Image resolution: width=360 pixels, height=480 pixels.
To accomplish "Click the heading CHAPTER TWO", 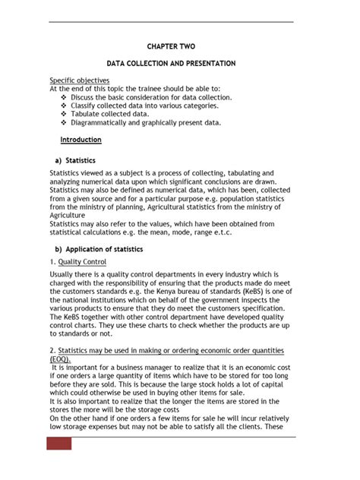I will click(x=171, y=46).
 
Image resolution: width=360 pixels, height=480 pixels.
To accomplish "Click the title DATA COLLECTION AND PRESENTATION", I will click(x=171, y=63).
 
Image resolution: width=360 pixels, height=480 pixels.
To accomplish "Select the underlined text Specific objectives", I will click(x=80, y=80).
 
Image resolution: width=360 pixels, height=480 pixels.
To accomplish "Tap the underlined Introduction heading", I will click(x=81, y=140).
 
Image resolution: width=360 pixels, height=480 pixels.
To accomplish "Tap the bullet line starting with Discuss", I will click(x=151, y=97).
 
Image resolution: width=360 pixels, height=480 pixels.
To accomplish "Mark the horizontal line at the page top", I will click(x=171, y=22).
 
